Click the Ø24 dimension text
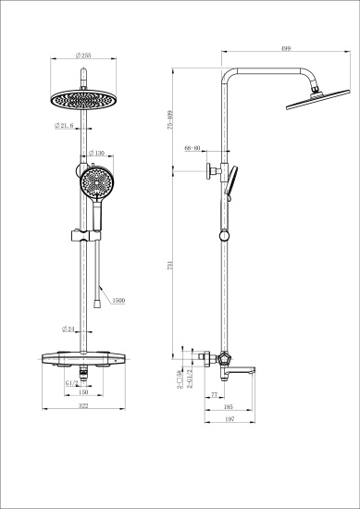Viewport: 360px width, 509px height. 68,329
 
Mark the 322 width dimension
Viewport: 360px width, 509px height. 84,406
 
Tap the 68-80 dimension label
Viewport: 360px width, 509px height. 193,148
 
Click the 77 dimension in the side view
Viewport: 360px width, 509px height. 214,395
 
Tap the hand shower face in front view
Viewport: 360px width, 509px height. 96,181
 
